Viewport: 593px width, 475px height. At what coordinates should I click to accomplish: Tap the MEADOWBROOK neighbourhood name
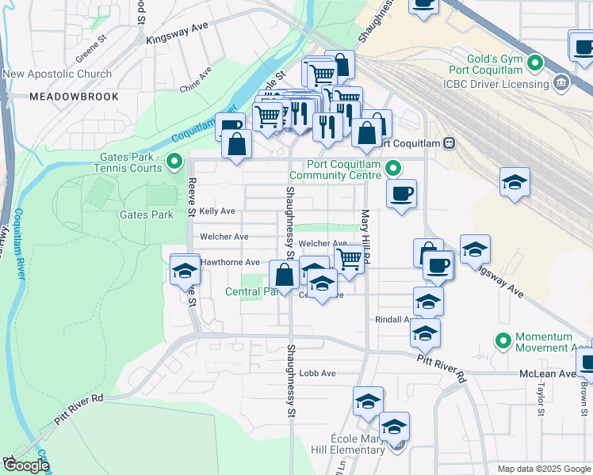pos(74,97)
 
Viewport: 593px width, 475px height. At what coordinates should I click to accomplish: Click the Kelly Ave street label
pos(217,211)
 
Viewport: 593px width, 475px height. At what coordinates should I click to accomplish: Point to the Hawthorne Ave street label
pos(230,262)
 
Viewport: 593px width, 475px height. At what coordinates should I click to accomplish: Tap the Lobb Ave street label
pos(317,374)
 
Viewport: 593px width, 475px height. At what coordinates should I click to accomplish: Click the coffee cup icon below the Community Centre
pos(402,194)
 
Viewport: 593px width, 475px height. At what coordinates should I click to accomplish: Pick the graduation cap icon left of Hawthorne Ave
pos(185,270)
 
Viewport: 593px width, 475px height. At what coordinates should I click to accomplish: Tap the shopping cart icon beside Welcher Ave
pos(349,257)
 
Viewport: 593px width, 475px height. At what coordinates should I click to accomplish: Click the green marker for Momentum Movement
pos(503,341)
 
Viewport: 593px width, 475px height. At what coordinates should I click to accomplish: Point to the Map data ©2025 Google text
pos(543,469)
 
